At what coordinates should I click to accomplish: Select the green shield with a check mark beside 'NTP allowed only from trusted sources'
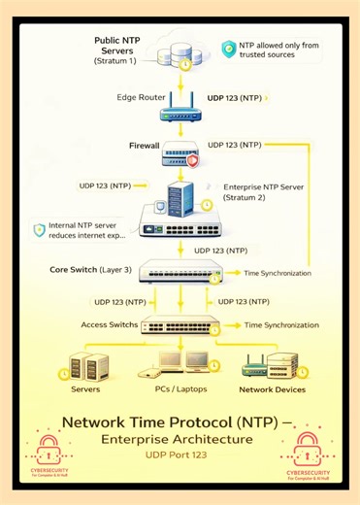point(228,48)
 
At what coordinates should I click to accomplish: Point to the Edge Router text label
point(141,99)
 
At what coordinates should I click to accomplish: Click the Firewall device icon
point(181,151)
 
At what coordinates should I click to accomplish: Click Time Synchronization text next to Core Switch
point(278,274)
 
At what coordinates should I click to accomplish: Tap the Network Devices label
point(272,389)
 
